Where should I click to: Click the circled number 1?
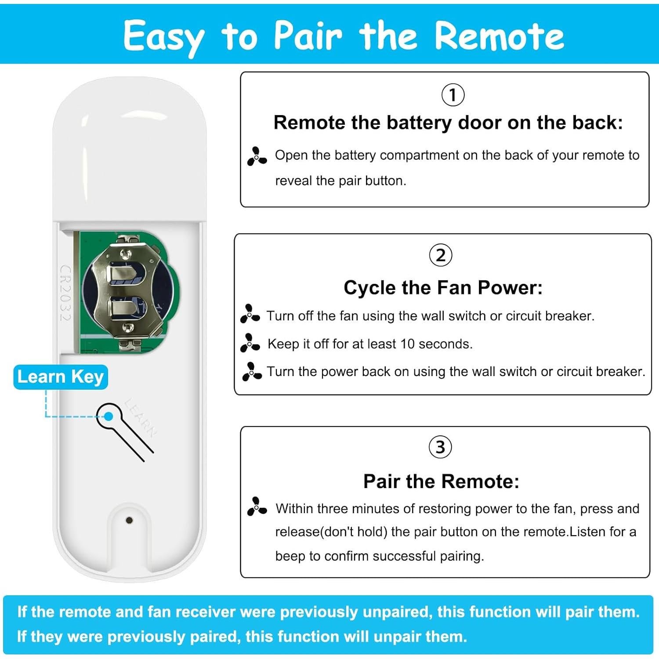pos(453,95)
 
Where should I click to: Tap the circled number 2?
pos(440,255)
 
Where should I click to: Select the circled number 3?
pos(440,447)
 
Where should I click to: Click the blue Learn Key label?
pos(61,377)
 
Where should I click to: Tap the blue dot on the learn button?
pos(109,416)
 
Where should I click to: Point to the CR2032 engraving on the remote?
pos(65,293)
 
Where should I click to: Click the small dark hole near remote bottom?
pos(129,520)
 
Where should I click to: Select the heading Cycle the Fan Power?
pos(443,288)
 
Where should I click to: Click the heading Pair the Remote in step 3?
pos(441,482)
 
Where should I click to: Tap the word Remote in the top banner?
pos(499,36)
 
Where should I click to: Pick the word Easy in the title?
pos(163,36)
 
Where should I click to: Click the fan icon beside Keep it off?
pos(250,343)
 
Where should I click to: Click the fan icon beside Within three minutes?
pos(257,507)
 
